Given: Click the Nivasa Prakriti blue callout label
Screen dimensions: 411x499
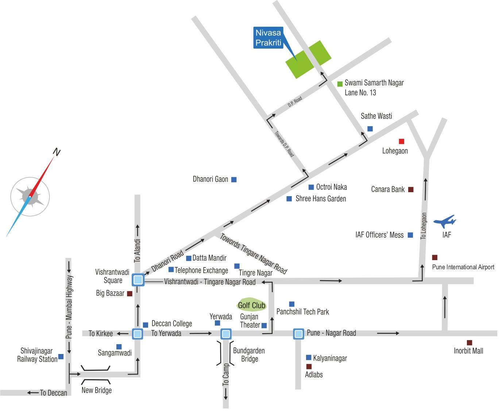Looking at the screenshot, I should [x=268, y=38].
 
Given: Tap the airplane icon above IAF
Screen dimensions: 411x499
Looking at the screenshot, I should [x=444, y=221].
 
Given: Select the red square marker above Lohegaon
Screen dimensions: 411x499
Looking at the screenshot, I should [x=402, y=141].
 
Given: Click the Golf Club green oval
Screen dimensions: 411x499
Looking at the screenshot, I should [x=252, y=305].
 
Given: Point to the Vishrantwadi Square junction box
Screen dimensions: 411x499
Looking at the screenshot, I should [x=138, y=280].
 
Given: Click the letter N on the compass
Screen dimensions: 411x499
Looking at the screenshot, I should [x=57, y=152].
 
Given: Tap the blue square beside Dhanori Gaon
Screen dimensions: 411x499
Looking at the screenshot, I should [x=234, y=179].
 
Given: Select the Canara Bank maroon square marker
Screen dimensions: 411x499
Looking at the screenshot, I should [x=411, y=189].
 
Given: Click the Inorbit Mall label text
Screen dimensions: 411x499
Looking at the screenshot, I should [x=468, y=351].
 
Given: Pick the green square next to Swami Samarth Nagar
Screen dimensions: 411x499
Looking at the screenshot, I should [x=340, y=84].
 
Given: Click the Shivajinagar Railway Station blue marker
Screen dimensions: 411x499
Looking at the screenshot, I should [x=61, y=356].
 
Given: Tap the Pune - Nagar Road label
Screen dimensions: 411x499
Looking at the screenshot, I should [x=331, y=333].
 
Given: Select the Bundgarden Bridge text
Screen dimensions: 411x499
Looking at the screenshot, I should [x=249, y=355].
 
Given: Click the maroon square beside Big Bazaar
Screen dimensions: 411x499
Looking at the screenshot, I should [x=129, y=293].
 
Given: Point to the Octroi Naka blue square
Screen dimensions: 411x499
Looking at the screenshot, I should [x=311, y=187].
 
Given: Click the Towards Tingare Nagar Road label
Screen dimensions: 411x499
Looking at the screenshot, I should [x=254, y=254].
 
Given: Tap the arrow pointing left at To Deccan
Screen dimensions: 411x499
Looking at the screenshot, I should [x=33, y=393].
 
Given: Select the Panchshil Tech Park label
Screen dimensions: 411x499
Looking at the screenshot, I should [x=303, y=312].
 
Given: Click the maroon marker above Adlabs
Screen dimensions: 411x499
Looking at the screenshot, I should [x=309, y=366].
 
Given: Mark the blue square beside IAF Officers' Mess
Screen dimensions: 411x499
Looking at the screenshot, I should [x=410, y=235].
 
